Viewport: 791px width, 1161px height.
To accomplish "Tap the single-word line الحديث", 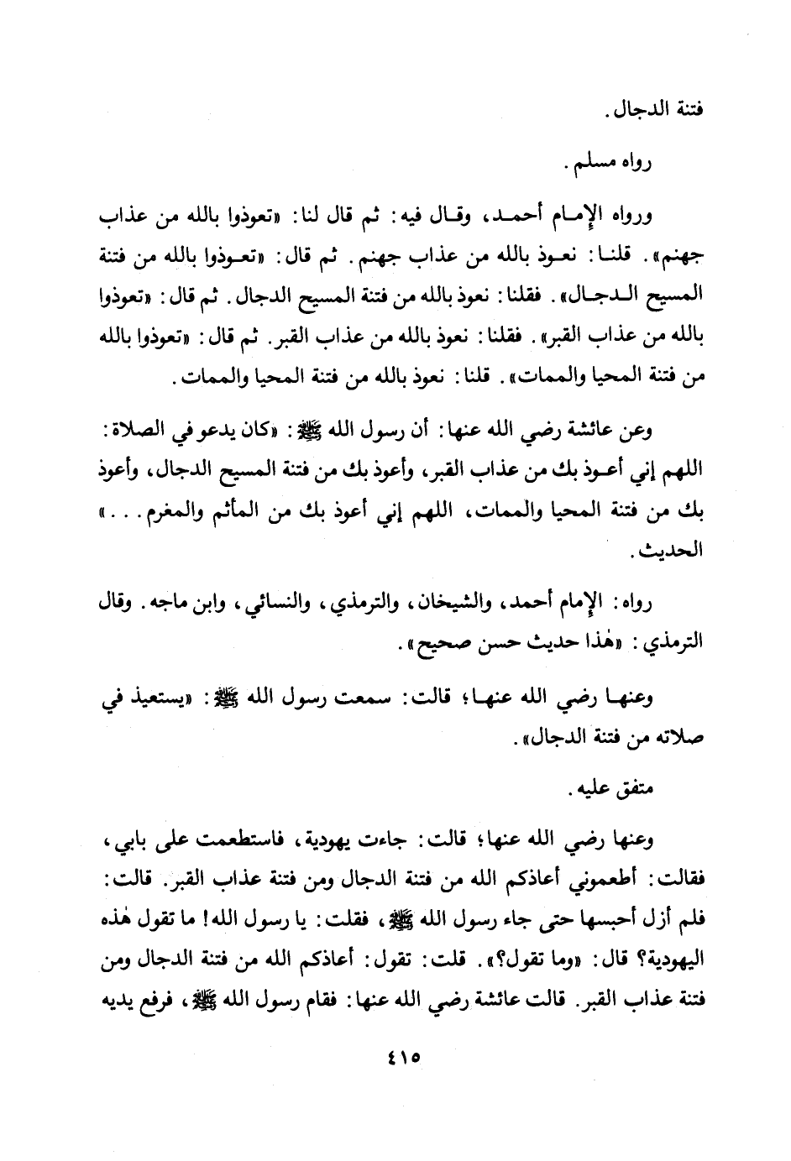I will [x=670, y=552].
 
